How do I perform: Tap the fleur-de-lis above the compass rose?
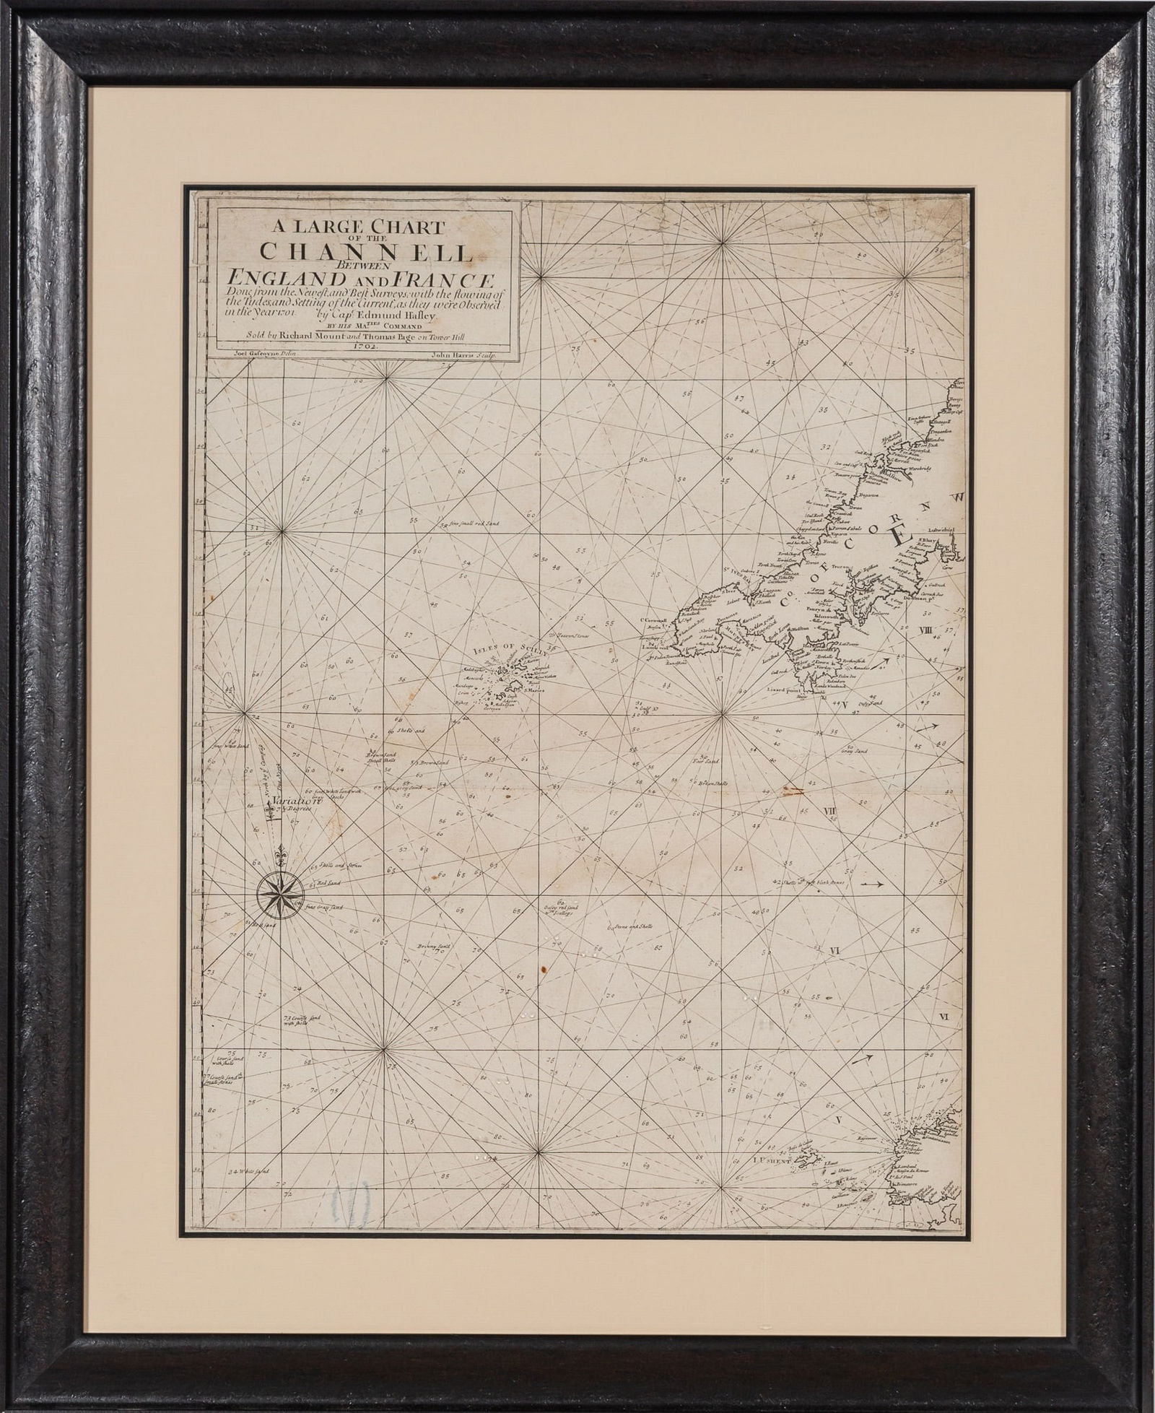click(x=282, y=858)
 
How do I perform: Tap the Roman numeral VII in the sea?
click(x=830, y=812)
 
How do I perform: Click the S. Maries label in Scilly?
click(x=533, y=691)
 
